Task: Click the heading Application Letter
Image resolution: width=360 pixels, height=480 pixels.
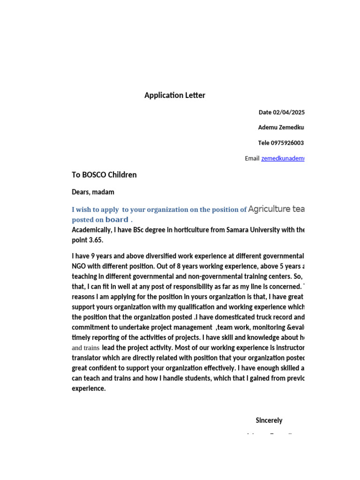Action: coord(174,95)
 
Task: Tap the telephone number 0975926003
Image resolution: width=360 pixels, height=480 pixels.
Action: coord(287,143)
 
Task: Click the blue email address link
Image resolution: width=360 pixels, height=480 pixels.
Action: coord(283,158)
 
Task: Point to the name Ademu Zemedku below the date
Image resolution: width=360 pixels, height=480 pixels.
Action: coord(281,127)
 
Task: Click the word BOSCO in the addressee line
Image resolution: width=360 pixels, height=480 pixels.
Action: coord(94,175)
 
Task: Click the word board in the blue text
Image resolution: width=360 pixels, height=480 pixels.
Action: coord(117,219)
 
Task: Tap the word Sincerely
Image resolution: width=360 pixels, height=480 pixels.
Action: coord(269,420)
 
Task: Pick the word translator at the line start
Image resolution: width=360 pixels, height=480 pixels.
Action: coord(87,358)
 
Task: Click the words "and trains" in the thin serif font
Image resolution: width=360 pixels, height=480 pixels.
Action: coord(85,348)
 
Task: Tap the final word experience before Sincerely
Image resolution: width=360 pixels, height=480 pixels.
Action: coord(89,389)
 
